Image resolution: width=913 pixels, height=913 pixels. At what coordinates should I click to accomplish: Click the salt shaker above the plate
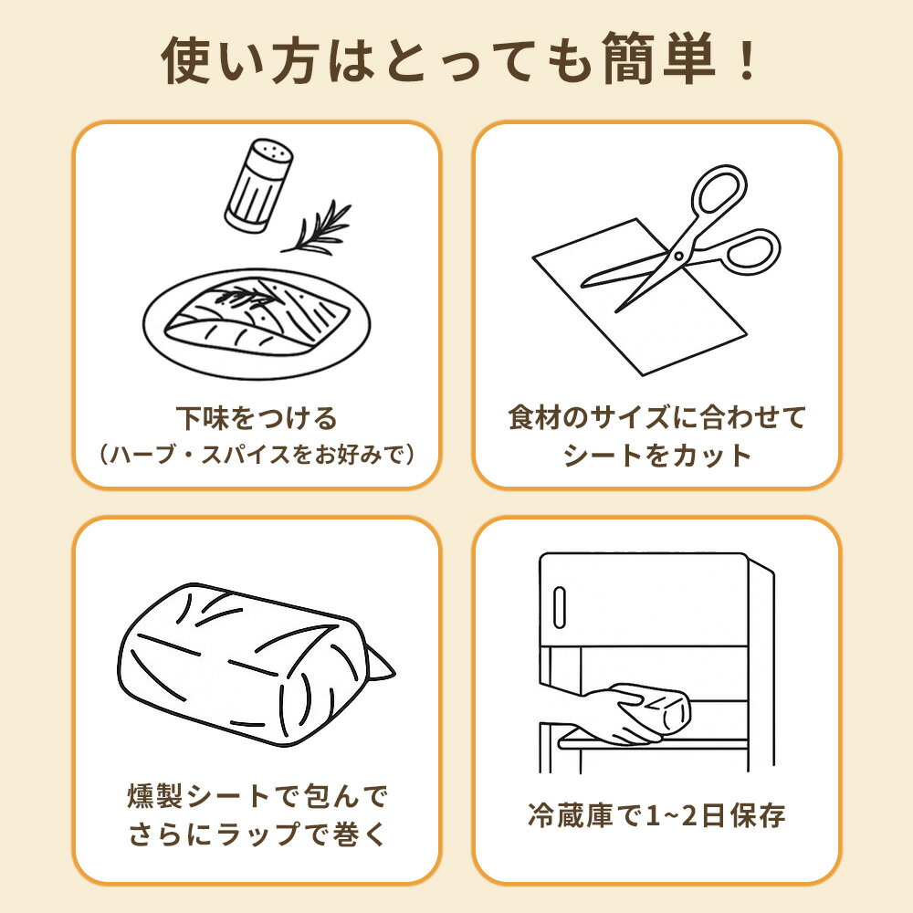click(x=258, y=184)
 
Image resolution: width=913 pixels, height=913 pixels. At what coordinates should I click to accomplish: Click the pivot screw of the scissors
click(x=678, y=255)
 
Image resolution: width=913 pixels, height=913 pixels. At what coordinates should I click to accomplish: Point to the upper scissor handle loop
click(x=719, y=191)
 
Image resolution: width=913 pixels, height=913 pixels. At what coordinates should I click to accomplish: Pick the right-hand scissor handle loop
click(x=751, y=252)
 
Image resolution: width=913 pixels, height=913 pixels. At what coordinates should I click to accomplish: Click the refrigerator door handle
click(x=560, y=607)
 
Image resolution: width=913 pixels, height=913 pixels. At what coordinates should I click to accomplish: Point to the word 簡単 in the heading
click(x=659, y=58)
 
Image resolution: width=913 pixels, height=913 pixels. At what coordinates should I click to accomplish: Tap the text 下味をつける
click(x=257, y=418)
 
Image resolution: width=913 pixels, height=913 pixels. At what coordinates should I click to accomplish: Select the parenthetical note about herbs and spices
click(x=257, y=454)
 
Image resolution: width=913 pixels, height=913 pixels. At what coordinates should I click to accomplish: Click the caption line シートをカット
click(x=656, y=456)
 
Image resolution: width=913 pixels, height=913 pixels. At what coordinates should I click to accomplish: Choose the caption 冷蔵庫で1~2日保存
click(x=656, y=815)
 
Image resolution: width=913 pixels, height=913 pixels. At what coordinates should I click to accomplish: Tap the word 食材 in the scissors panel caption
click(x=536, y=417)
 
